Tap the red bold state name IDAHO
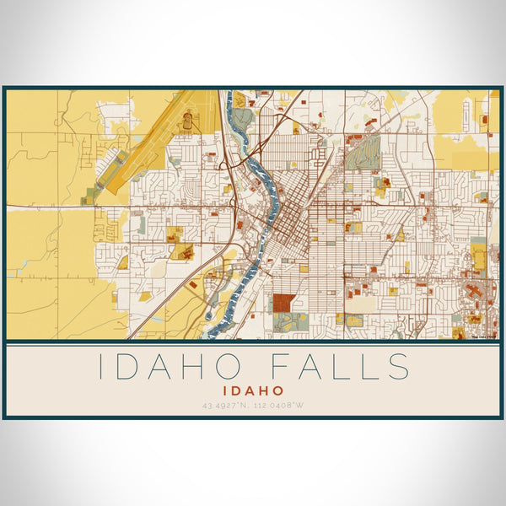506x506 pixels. tap(253, 391)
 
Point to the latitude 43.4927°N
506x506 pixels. tap(225, 406)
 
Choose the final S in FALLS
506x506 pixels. tap(400, 367)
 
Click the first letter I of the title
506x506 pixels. tap(103, 367)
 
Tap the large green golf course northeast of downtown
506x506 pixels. tap(363, 153)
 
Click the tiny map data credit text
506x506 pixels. tap(484, 336)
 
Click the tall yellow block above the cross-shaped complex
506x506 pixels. tap(478, 257)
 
